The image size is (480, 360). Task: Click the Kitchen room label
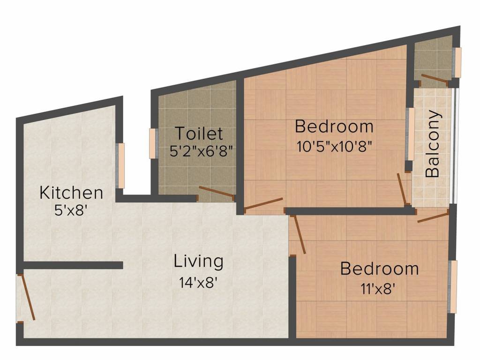coord(71,193)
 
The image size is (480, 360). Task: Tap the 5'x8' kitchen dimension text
coord(69,210)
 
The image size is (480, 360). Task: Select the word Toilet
coord(199,133)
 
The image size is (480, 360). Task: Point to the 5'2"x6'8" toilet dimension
coord(201,151)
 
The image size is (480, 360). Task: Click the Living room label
coord(198,262)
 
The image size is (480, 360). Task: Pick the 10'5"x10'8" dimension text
coord(334,147)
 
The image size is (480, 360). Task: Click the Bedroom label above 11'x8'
coord(380,269)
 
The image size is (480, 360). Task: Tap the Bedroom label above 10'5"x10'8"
coord(334,126)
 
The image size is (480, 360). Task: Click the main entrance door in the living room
coord(26,297)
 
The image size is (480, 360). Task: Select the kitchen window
coord(120,165)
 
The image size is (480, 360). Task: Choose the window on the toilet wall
coord(153,143)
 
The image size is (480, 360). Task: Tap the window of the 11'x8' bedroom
coord(452,286)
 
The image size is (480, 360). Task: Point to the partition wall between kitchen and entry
coord(73,265)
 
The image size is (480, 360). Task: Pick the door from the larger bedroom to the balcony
coord(402,189)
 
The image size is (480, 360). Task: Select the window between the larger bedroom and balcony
coord(410,134)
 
